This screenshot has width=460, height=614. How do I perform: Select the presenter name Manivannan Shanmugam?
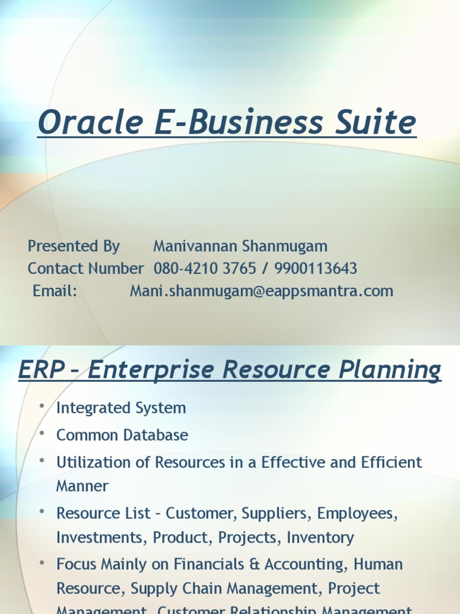240,246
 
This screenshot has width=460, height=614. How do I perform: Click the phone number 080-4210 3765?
204,269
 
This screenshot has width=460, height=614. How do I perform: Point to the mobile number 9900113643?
316,269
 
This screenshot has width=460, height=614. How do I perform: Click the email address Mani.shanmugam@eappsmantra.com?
262,291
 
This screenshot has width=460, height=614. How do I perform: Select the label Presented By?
74,246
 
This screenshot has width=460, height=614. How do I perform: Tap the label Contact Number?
86,269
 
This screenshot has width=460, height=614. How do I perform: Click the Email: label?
55,291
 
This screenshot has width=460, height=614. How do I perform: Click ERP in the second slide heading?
41,371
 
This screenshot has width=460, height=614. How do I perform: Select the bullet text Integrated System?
121,408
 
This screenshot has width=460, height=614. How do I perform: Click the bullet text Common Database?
122,435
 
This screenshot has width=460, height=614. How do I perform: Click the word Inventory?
320,538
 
